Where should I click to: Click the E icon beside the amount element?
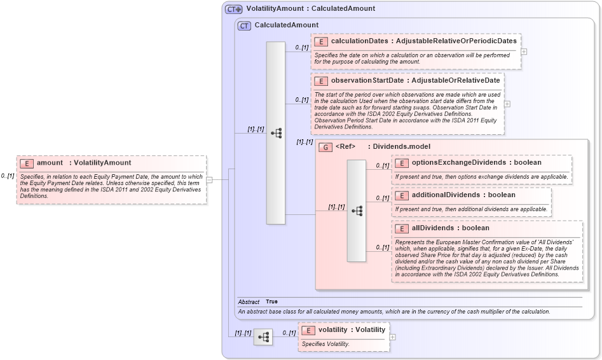click(26, 163)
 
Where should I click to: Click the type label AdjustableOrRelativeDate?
click(455, 81)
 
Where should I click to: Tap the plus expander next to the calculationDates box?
click(524, 52)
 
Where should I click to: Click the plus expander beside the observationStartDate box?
click(507, 104)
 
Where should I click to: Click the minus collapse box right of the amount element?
click(210, 179)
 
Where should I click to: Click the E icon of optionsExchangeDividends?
click(402, 163)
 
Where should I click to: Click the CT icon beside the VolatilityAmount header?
click(234, 9)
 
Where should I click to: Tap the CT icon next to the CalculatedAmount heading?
click(244, 25)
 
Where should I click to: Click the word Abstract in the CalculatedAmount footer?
click(248, 301)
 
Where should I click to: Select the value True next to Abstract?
click(271, 301)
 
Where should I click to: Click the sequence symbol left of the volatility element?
click(263, 337)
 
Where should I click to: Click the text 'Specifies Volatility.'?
click(325, 344)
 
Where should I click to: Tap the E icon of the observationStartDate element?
click(321, 81)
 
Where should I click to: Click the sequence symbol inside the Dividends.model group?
click(357, 211)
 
